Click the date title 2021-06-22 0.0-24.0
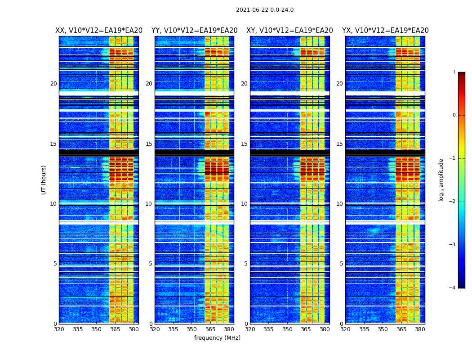pyautogui.click(x=265, y=10)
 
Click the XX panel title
pyautogui.click(x=99, y=31)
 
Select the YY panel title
pyautogui.click(x=194, y=31)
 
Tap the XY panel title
pyautogui.click(x=289, y=31)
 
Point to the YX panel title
pyautogui.click(x=385, y=31)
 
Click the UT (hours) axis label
pyautogui.click(x=44, y=180)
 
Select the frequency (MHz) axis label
pyautogui.click(x=217, y=338)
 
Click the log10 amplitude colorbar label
pyautogui.click(x=441, y=180)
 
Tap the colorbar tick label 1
pyautogui.click(x=454, y=72)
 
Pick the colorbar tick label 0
pyautogui.click(x=454, y=115)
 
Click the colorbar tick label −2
pyautogui.click(x=453, y=202)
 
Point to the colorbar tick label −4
pyautogui.click(x=453, y=288)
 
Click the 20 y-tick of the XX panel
pyautogui.click(x=53, y=84)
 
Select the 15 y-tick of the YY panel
pyautogui.click(x=149, y=144)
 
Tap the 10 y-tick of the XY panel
pyautogui.click(x=244, y=204)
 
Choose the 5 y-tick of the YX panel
pyautogui.click(x=341, y=264)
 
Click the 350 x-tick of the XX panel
pyautogui.click(x=96, y=329)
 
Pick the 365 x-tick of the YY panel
pyautogui.click(x=210, y=329)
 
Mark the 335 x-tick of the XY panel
pyautogui.click(x=268, y=329)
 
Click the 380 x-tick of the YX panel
pyautogui.click(x=420, y=329)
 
